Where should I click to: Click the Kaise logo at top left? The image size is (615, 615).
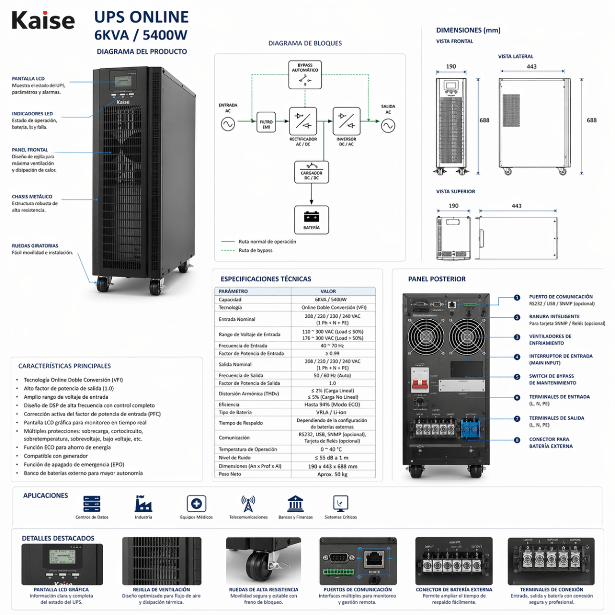[43, 20]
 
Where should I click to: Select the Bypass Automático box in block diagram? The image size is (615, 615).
[305, 75]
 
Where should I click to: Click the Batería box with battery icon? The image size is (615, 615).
[311, 220]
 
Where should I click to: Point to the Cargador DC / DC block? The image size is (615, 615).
[311, 172]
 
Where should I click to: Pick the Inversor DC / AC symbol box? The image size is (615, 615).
[346, 121]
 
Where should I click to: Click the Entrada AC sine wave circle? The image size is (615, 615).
[228, 124]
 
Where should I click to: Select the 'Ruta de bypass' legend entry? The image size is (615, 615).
[255, 251]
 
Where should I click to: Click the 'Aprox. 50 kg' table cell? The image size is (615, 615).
[333, 475]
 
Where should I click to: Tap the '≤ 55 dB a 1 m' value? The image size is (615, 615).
[333, 458]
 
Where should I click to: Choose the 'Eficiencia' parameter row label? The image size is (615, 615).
[229, 404]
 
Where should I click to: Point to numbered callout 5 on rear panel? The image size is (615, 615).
[517, 377]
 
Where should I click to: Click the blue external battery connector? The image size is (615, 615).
[470, 428]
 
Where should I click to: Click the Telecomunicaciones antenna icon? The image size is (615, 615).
[248, 503]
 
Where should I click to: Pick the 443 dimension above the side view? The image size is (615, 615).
[531, 67]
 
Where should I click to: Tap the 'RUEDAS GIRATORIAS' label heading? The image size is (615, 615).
[35, 246]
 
